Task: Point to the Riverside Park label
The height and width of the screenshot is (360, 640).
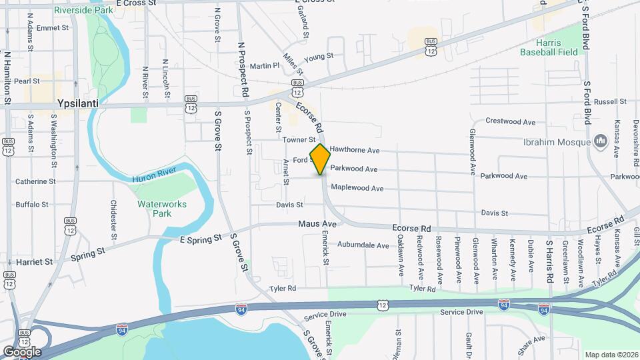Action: pyautogui.click(x=84, y=11)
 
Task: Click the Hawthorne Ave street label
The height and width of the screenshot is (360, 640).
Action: pyautogui.click(x=355, y=150)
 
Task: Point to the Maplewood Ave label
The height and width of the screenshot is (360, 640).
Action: pyautogui.click(x=357, y=189)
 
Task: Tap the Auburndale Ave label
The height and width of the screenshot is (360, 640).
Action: pyautogui.click(x=363, y=245)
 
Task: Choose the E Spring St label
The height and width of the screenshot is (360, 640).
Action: pyautogui.click(x=200, y=239)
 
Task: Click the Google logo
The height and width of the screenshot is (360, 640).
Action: pyautogui.click(x=22, y=351)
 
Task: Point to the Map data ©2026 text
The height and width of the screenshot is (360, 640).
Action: pyautogui.click(x=611, y=355)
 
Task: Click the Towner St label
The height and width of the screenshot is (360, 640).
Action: pyautogui.click(x=298, y=140)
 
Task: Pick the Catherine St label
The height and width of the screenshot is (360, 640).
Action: pyautogui.click(x=35, y=181)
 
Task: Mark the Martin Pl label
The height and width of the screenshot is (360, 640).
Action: pyautogui.click(x=265, y=66)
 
